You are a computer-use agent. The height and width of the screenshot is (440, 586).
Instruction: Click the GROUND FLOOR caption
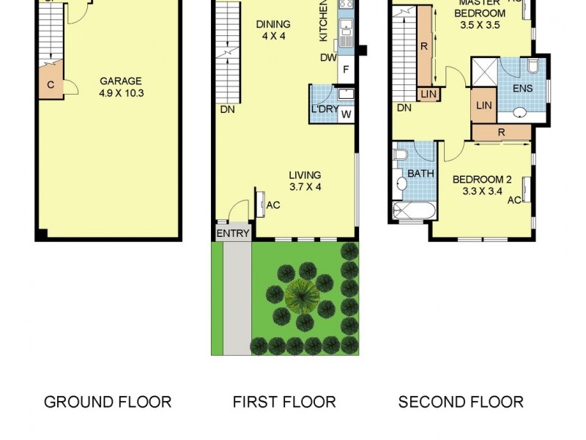[x=108, y=402]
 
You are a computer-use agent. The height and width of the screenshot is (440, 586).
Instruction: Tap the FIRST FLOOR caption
[x=284, y=402]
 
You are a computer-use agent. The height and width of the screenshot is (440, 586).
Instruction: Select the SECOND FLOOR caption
[x=461, y=402]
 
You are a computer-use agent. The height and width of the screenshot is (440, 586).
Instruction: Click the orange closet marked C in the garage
[x=50, y=84]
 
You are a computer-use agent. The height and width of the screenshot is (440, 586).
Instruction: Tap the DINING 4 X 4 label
[x=272, y=30]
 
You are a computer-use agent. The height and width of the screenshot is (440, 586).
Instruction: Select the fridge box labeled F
[x=346, y=72]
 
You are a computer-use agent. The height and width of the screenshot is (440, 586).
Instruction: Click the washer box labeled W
[x=346, y=114]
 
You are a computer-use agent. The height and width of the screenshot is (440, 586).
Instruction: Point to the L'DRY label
[x=323, y=110]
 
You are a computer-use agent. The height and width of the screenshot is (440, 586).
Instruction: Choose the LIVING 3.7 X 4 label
[x=305, y=180]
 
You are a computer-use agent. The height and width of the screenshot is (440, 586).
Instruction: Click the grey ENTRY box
[x=233, y=233]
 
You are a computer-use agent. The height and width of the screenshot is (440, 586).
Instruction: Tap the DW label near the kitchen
[x=327, y=58]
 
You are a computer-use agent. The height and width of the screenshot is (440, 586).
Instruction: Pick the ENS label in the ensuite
[x=522, y=89]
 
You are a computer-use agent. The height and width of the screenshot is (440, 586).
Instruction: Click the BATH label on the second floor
[x=420, y=174]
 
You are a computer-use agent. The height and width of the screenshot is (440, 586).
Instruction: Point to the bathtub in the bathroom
[x=415, y=211]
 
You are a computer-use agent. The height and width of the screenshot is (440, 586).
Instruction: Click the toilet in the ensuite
[x=533, y=67]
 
